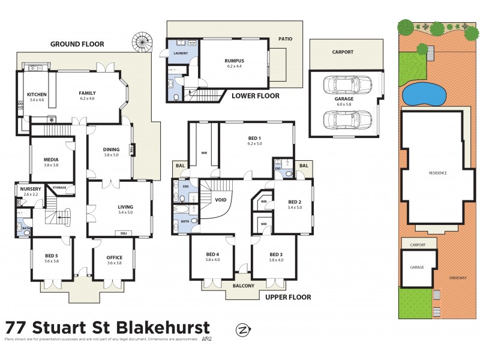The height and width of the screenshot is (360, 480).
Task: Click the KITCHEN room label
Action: coord(37,94)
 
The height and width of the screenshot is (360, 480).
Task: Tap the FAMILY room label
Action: coord(87,93)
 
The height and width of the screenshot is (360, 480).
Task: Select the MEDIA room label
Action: coord(51,160)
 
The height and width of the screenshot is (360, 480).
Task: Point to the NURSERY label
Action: coord(31,189)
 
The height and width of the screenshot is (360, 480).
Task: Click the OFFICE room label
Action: coord(114,258)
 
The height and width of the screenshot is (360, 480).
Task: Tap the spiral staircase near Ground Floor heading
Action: coord(144,43)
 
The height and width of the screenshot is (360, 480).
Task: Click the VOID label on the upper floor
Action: coord(220,200)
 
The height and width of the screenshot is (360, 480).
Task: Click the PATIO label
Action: coord(285,39)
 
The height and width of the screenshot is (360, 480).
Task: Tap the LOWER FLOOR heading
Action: coord(256,96)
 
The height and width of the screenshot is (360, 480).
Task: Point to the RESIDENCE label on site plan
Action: coord(437,172)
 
